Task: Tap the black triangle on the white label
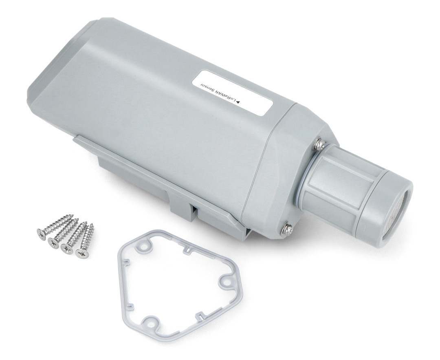point(239,102)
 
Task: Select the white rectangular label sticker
point(232,93)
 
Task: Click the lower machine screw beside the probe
point(287,229)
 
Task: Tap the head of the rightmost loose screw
point(81,253)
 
